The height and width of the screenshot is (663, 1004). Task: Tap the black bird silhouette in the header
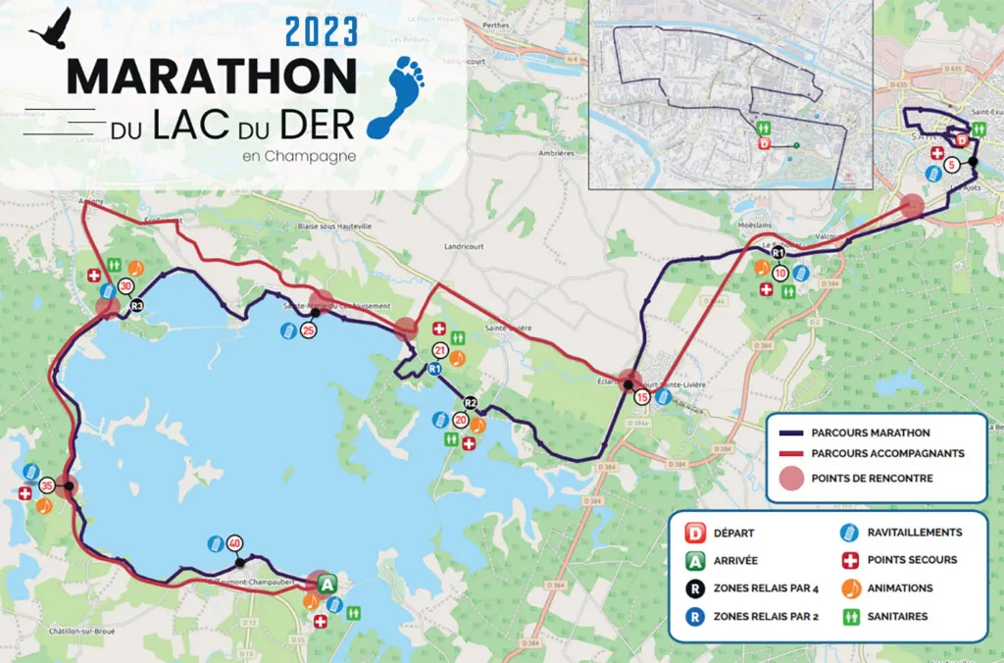pos(51,28)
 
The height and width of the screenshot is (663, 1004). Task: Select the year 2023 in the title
pos(321,32)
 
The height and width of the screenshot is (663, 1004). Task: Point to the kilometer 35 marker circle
pos(46,485)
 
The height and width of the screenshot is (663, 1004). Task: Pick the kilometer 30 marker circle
pos(125,286)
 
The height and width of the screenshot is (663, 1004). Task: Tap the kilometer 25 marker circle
pos(308,331)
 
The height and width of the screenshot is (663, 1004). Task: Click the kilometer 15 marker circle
pos(642,397)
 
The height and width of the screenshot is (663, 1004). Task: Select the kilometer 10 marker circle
pos(780,273)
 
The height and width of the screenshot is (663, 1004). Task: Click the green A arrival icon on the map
pos(327,585)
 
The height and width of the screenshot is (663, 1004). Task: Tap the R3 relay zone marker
pos(137,306)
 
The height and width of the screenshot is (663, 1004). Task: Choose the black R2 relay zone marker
pos(471,402)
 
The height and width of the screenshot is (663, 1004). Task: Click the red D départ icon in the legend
pos(696,534)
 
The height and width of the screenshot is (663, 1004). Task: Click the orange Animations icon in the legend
pos(850,588)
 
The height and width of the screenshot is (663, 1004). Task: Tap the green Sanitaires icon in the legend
pos(850,617)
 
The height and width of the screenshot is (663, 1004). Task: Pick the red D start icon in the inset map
pos(764,144)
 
